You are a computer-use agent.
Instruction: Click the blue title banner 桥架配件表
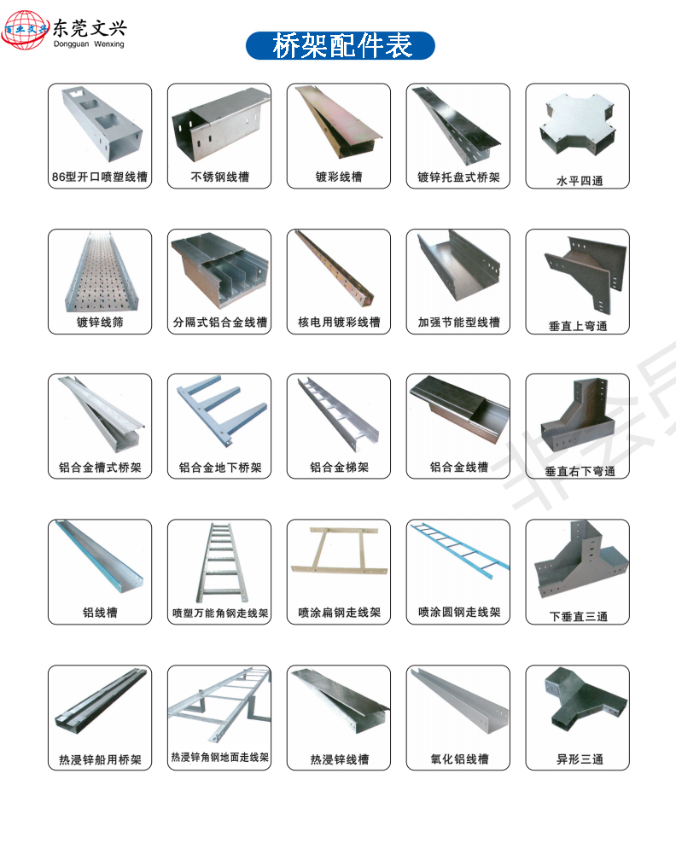(x=341, y=45)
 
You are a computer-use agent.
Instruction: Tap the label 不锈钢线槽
(x=219, y=177)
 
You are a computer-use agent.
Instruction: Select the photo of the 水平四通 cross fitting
(x=577, y=129)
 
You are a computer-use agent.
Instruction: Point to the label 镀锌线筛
(x=100, y=323)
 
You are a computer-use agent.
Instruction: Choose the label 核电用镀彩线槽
(x=339, y=323)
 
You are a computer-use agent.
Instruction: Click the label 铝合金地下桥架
(x=219, y=468)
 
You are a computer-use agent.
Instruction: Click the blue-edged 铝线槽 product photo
(x=100, y=559)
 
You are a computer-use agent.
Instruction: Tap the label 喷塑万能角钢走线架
(x=219, y=613)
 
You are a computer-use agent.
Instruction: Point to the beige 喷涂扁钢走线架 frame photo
(x=339, y=555)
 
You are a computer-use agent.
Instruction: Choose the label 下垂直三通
(x=578, y=616)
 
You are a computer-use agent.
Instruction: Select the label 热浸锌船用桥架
(x=100, y=759)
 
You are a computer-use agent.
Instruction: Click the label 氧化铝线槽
(x=459, y=759)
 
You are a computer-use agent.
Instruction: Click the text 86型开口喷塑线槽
(x=100, y=177)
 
